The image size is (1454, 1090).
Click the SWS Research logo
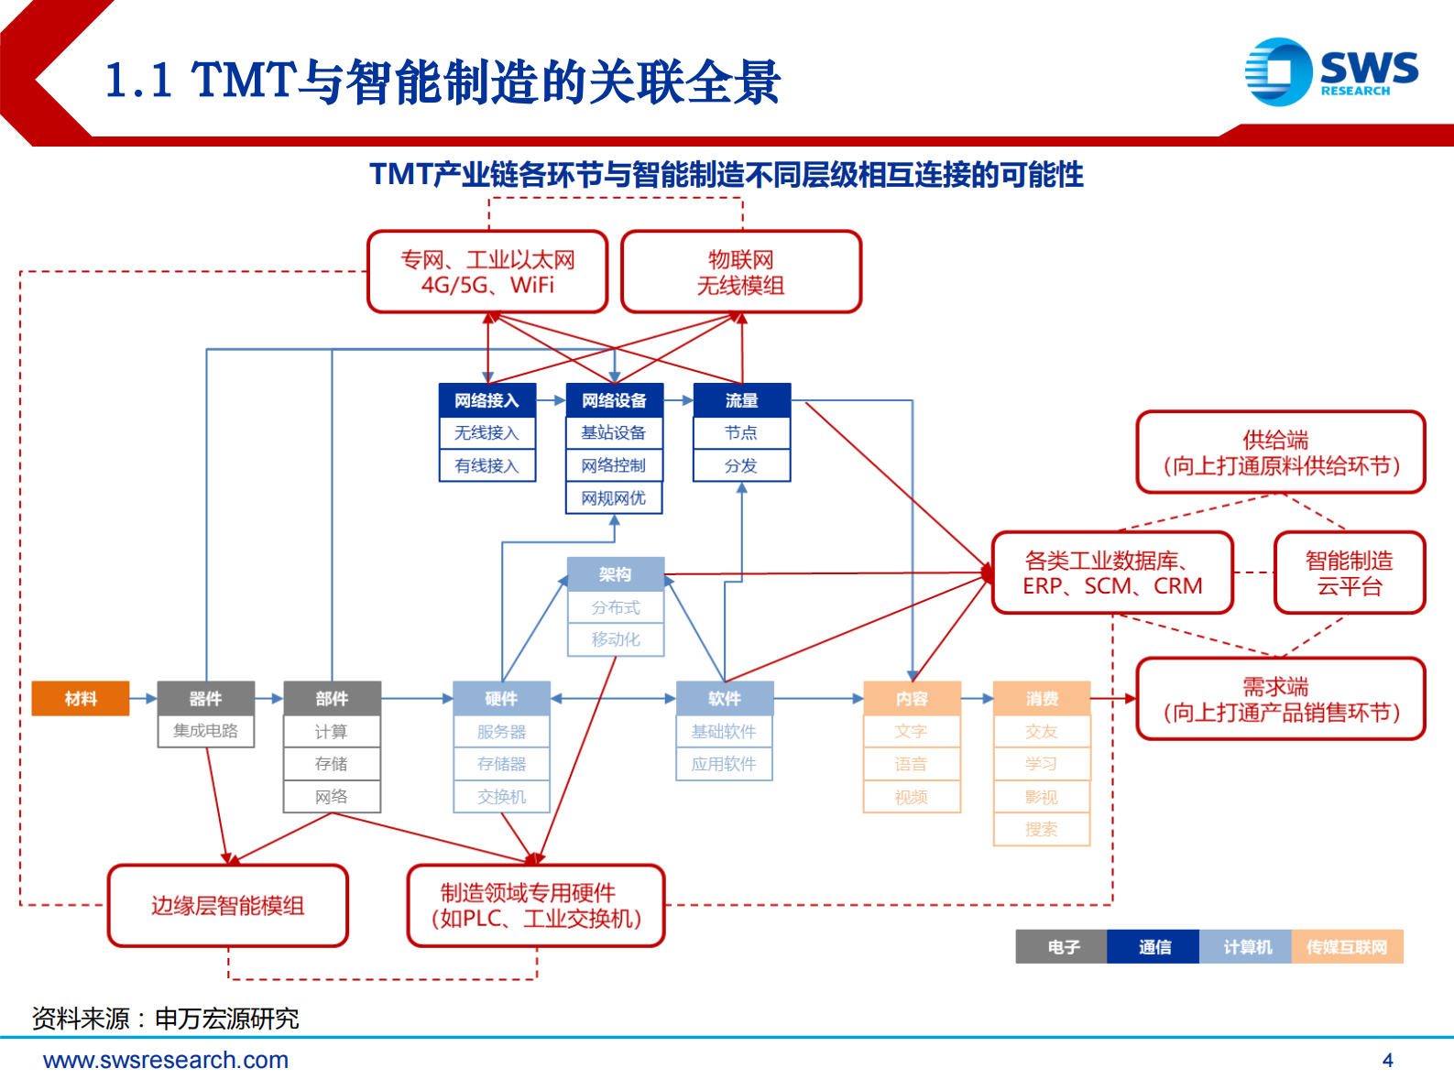point(1331,71)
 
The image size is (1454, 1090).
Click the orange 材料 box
point(81,699)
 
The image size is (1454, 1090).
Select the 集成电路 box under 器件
point(205,731)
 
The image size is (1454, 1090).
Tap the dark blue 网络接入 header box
point(486,400)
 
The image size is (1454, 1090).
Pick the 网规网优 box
point(614,498)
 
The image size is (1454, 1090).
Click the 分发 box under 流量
point(741,465)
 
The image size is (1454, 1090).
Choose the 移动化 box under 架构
point(615,639)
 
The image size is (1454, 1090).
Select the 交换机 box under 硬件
point(501,797)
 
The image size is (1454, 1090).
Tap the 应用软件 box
point(724,764)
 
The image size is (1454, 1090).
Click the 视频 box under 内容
point(912,797)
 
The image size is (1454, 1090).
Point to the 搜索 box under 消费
point(1042,829)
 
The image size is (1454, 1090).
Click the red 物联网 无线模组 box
point(741,272)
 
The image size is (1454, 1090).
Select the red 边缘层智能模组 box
point(228,906)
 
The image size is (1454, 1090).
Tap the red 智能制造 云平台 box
point(1349,573)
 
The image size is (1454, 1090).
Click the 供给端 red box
point(1280,452)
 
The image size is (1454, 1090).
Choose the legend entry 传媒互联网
point(1347,947)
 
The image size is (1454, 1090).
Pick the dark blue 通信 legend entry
point(1153,947)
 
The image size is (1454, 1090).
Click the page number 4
point(1387,1061)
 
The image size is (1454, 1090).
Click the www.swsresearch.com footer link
point(166,1061)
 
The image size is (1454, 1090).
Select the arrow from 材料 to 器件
point(143,699)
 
